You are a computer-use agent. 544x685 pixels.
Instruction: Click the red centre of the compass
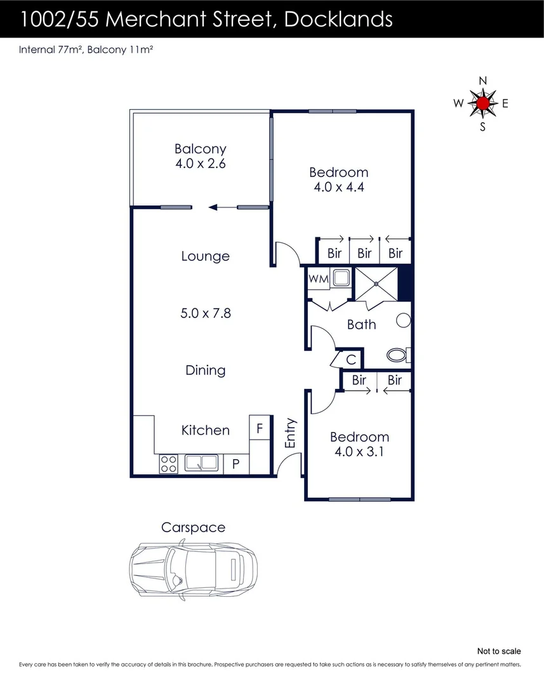pos(483,103)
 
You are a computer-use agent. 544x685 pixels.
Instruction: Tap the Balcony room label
pos(201,149)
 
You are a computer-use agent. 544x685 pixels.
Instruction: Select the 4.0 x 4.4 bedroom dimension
pos(338,187)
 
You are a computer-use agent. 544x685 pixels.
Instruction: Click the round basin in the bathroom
pos(403,321)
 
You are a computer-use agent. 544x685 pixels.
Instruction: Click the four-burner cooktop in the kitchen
pos(168,464)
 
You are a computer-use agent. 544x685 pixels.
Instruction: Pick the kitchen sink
pos(201,464)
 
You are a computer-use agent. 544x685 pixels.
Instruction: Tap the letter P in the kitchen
pos(236,464)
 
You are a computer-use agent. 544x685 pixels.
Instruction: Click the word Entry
pos(291,434)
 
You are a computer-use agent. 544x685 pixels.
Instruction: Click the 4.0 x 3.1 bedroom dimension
pos(359,452)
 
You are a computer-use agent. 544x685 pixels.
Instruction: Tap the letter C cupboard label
pos(350,359)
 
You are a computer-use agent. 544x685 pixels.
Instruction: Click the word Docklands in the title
pos(339,19)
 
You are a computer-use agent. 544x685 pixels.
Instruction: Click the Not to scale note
pos(499,651)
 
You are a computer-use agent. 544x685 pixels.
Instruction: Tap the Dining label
pos(206,370)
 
